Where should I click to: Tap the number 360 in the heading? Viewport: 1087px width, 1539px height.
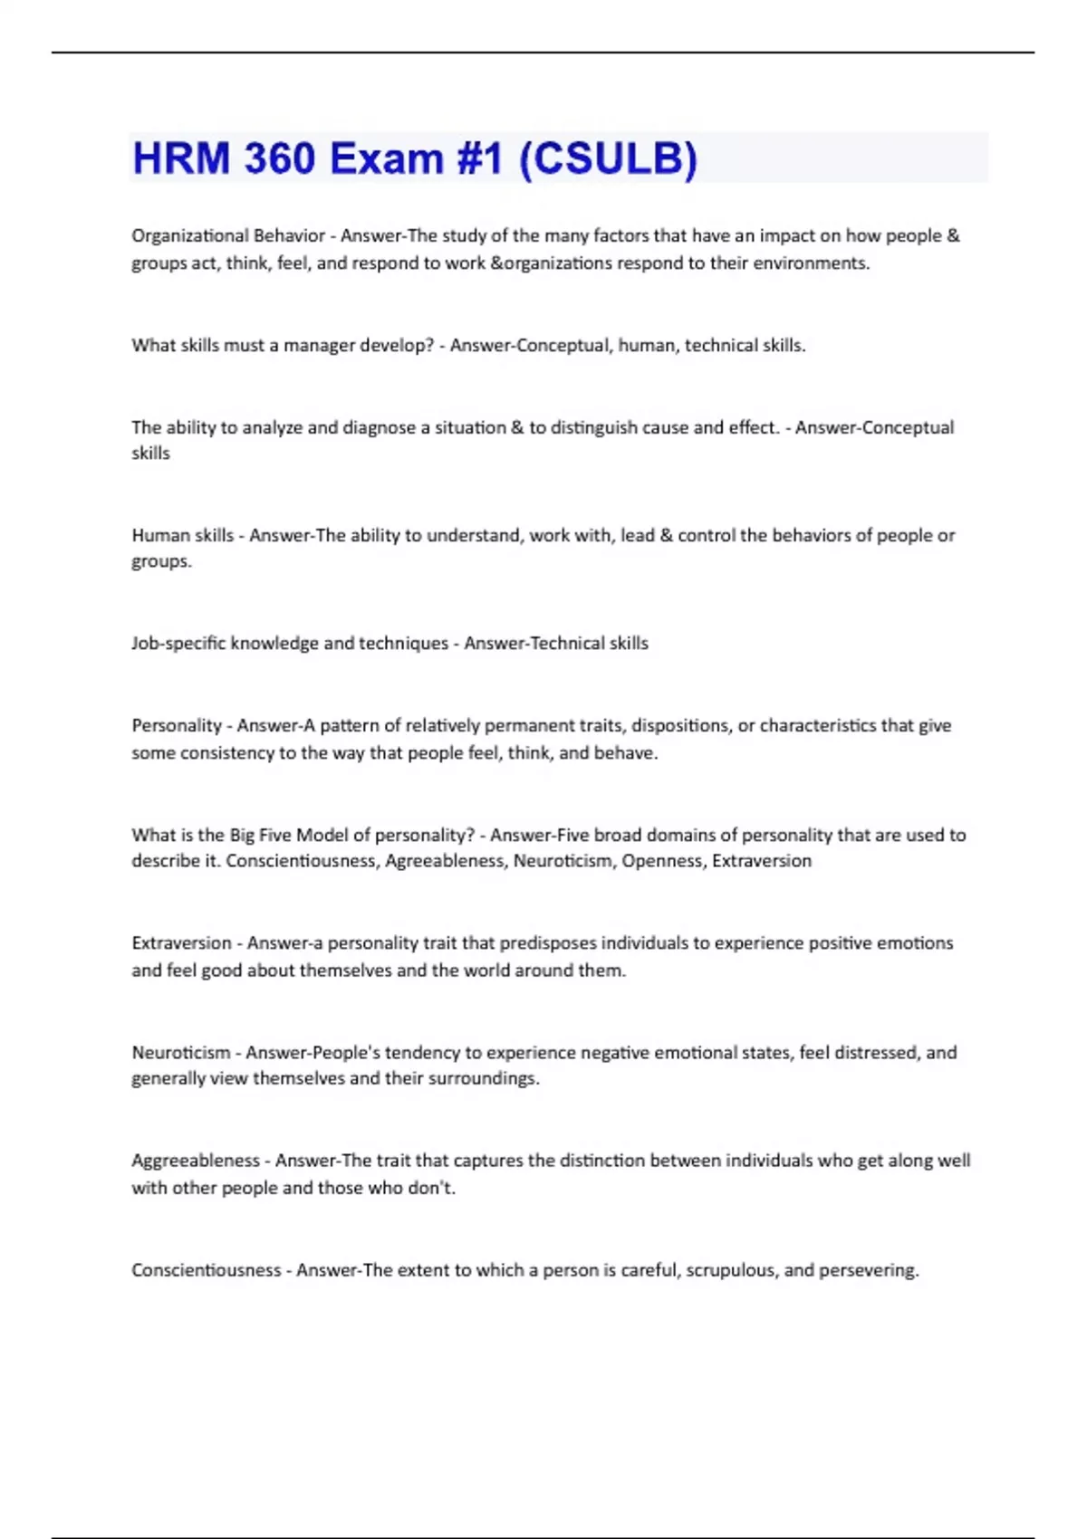tap(280, 158)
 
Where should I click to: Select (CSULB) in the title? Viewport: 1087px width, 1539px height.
tap(608, 158)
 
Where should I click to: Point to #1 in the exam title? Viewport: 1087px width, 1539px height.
tap(478, 158)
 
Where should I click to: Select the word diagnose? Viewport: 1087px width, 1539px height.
tap(379, 427)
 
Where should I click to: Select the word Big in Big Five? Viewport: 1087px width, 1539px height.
tap(242, 835)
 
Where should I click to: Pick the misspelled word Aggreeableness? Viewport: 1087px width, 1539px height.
tap(196, 1161)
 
